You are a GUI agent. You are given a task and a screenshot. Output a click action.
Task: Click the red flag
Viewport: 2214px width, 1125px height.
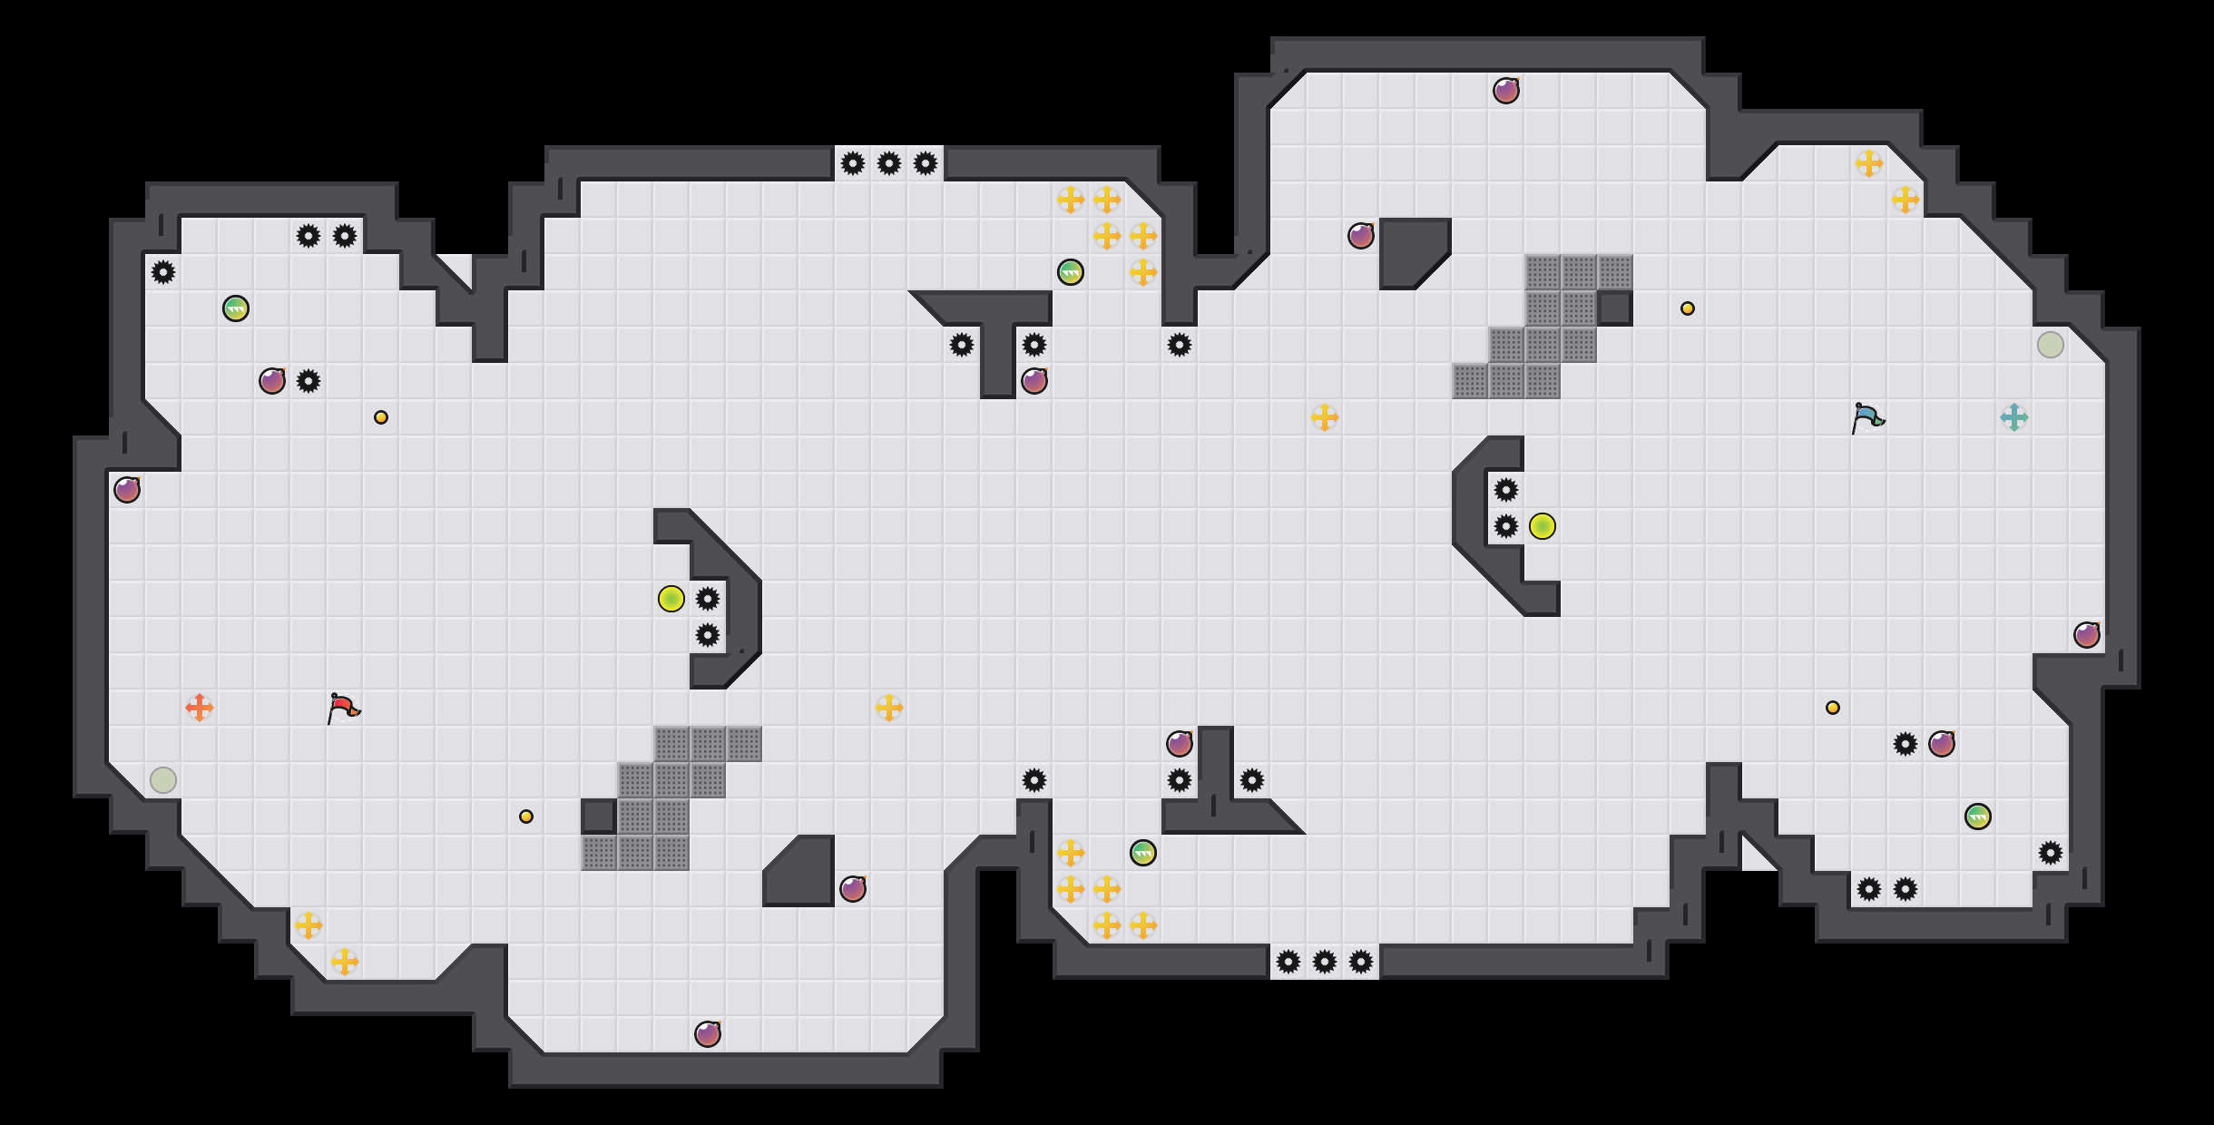point(343,708)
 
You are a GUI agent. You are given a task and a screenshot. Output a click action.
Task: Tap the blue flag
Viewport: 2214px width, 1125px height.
point(1866,417)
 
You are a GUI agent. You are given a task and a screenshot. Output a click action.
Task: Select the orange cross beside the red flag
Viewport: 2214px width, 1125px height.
point(200,708)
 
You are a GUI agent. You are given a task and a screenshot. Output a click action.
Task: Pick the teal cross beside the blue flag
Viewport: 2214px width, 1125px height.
point(2014,417)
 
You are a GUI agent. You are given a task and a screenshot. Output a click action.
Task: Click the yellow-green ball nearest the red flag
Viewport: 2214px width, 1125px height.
point(671,599)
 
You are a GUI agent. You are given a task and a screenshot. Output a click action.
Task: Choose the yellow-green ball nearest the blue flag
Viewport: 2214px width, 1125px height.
point(1543,526)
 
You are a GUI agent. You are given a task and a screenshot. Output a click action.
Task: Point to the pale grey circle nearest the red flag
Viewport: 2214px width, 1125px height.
point(163,780)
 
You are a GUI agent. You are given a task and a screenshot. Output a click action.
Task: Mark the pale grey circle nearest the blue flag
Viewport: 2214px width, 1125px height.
point(2051,345)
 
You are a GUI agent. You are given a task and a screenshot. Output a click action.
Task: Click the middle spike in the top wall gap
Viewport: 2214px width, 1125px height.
point(889,163)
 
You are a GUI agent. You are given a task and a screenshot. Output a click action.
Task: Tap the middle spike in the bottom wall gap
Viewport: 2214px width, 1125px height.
point(1325,962)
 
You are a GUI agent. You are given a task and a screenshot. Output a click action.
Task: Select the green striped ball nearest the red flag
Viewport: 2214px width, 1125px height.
point(236,308)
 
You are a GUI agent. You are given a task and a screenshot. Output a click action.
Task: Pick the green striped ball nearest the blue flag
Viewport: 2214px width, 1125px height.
point(1978,817)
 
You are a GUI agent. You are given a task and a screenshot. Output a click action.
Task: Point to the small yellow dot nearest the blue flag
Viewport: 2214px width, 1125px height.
point(1688,308)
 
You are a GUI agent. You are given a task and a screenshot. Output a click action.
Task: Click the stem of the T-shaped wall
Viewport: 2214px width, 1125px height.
point(998,358)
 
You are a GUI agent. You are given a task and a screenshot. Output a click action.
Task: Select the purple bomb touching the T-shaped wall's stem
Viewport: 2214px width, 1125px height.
point(1034,381)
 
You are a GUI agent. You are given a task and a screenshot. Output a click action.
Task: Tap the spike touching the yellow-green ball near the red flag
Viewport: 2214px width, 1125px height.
point(708,599)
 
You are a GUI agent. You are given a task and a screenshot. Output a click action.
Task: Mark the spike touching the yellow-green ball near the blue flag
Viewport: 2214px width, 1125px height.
point(1506,526)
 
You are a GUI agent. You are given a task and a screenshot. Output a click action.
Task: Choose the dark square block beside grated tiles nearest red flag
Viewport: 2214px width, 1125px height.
point(599,817)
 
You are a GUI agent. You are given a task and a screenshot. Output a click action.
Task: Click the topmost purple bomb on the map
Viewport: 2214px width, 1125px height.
point(1506,91)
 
